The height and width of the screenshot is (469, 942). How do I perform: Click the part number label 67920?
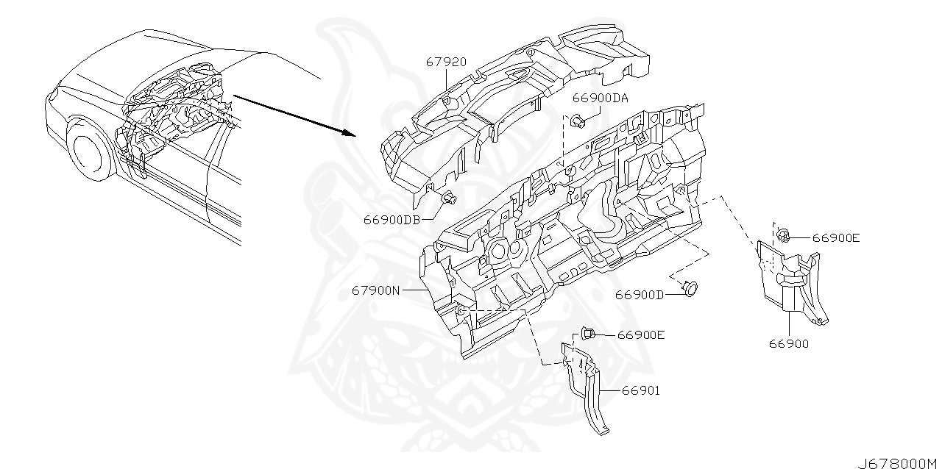pos(446,62)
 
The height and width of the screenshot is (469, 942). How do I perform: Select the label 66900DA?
pos(600,98)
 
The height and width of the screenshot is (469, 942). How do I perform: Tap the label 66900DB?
pos(391,219)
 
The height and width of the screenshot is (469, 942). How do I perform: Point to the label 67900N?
pos(375,290)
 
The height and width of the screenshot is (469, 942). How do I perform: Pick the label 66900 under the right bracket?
pos(789,343)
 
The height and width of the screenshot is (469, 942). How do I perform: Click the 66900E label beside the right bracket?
pos(836,237)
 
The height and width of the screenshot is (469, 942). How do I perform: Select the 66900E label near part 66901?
pos(641,334)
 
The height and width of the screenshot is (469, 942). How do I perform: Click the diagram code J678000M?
pos(898,462)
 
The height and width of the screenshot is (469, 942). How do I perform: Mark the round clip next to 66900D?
pos(690,287)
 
